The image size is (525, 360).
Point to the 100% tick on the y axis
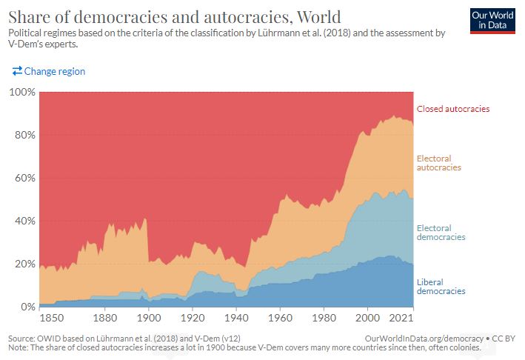pos(22,93)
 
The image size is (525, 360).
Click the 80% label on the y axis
pos(24,136)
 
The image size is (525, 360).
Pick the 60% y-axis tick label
pos(24,179)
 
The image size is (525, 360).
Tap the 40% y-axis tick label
pos(24,221)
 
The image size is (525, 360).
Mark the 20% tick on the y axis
pos(24,264)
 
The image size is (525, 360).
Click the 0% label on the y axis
pos(27,307)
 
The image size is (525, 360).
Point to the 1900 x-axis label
pos(149,319)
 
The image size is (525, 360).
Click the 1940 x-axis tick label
pos(236,319)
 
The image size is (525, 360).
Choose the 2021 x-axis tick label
pos(402,319)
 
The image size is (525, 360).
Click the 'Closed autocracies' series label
pos(453,109)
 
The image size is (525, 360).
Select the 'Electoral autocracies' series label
pos(439,163)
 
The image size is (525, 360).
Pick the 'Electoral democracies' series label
pos(441,233)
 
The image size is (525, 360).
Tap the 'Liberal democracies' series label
pos(441,287)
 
